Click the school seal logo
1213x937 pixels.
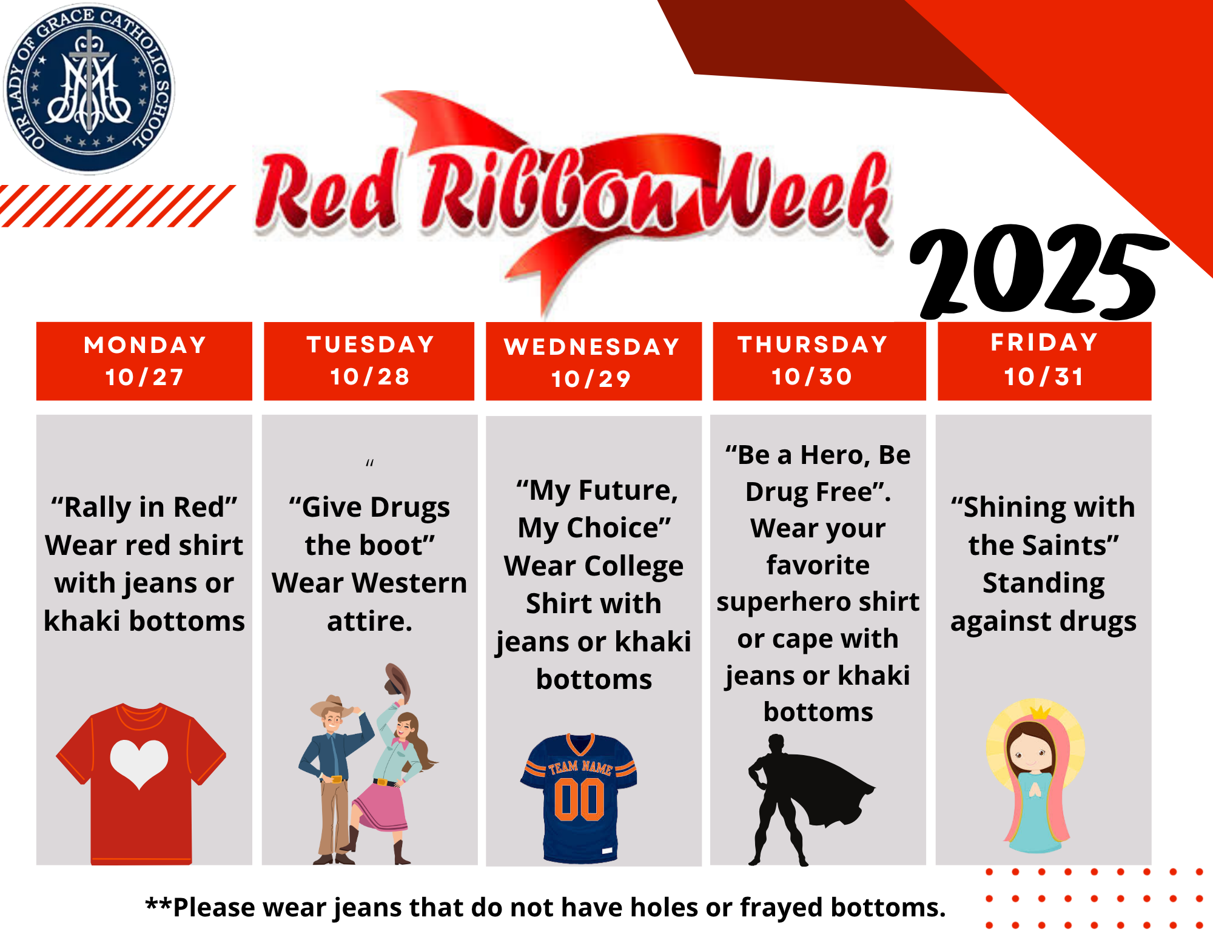[89, 89]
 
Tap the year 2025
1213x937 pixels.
[1038, 273]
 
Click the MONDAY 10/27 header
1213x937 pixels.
[144, 361]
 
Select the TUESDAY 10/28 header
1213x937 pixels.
[369, 361]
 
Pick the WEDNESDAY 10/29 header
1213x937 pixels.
[594, 361]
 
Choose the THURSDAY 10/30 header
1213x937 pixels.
[819, 361]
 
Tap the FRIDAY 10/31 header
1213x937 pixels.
[1044, 361]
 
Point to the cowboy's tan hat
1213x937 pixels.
[331, 706]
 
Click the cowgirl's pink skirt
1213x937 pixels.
[380, 807]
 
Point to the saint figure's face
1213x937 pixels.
[1029, 751]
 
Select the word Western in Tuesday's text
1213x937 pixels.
[409, 583]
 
